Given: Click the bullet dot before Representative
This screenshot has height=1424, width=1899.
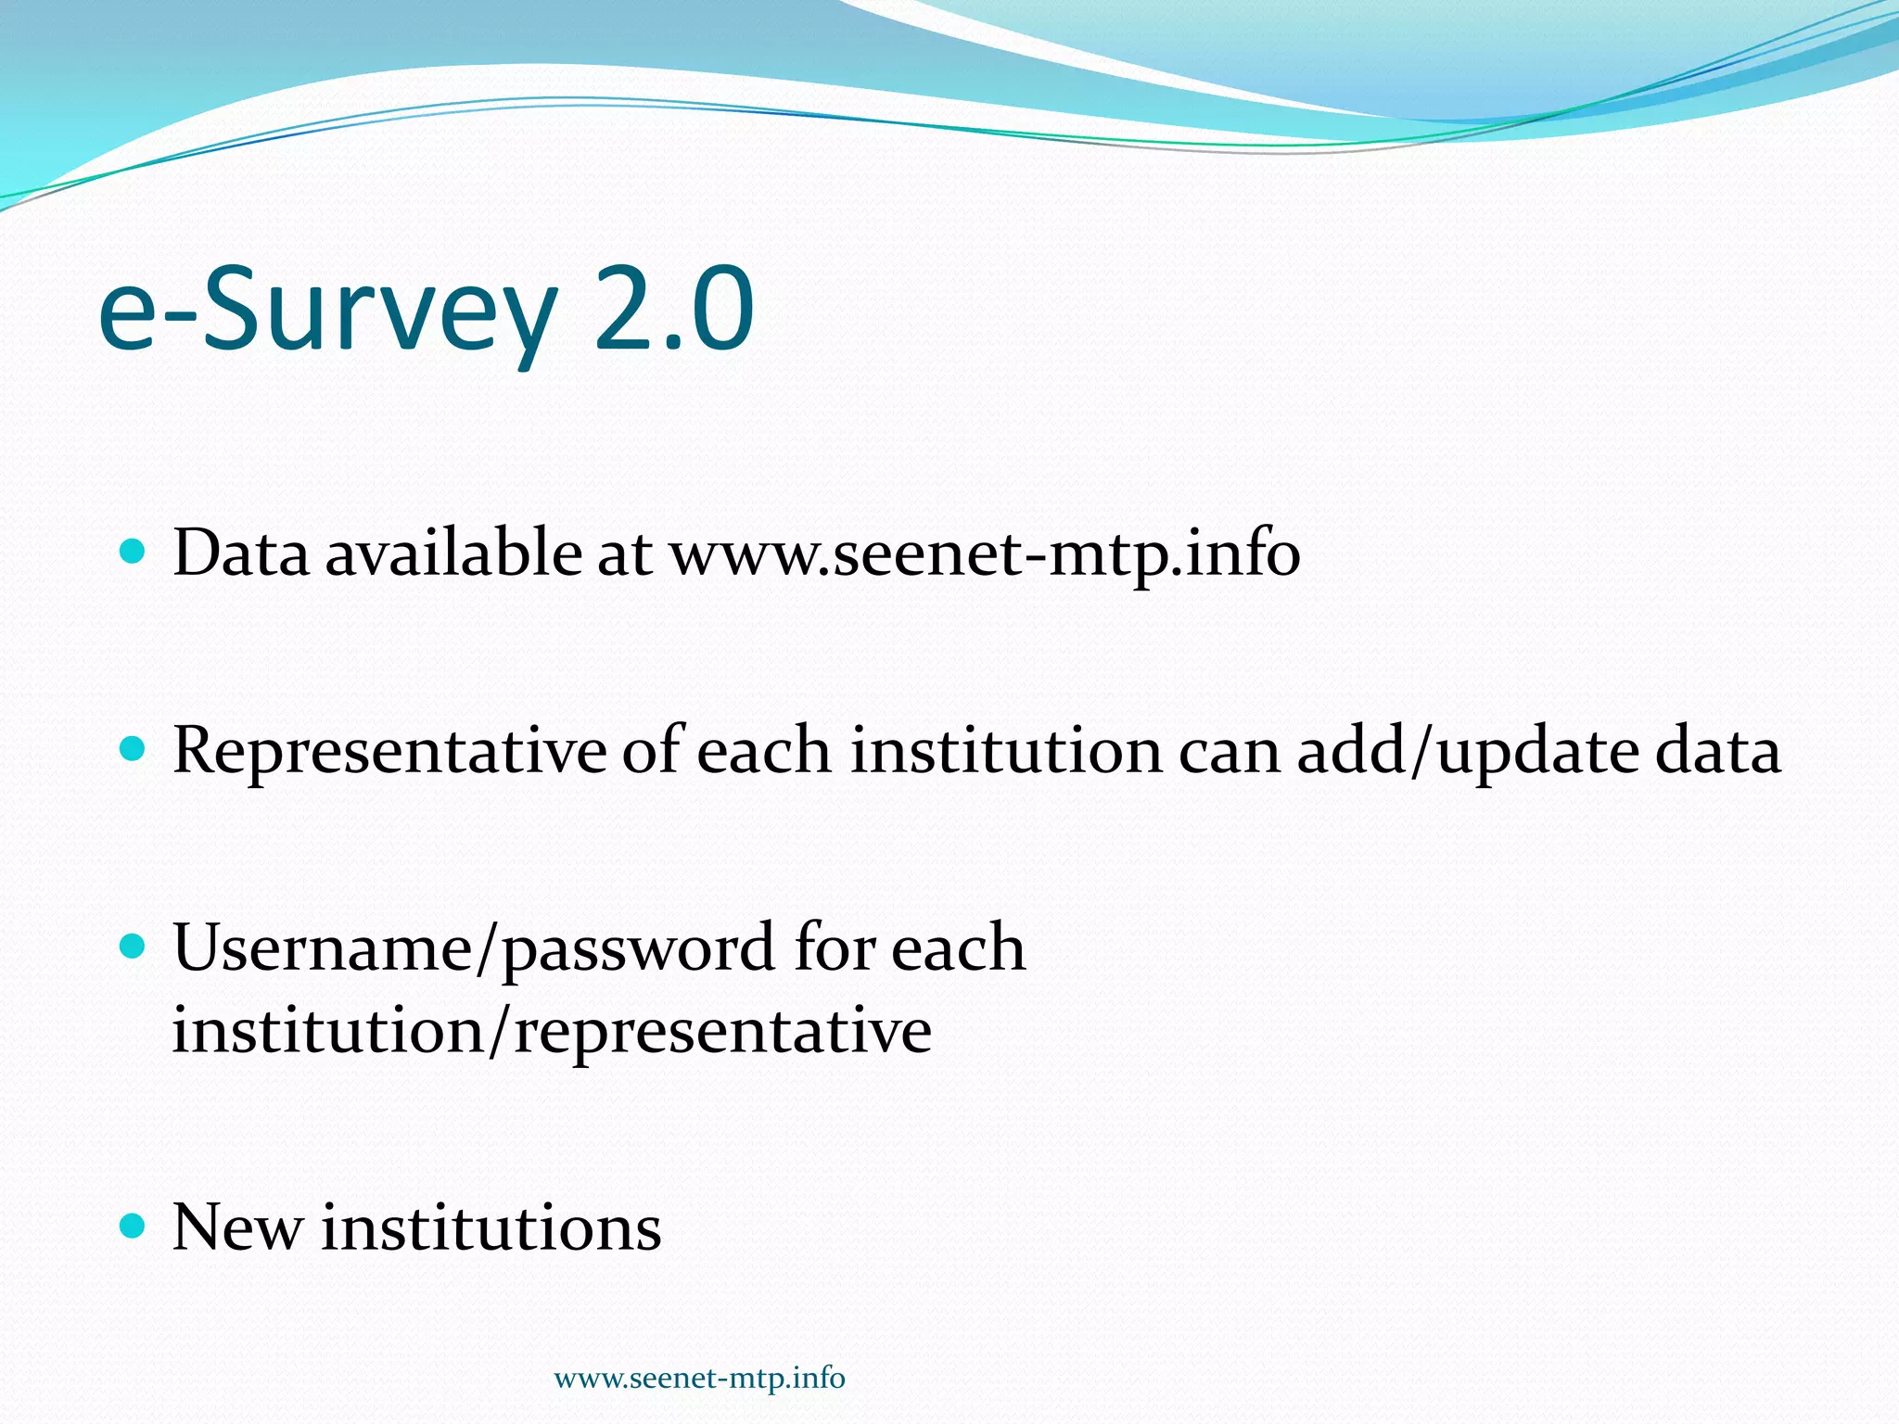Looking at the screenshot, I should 134,749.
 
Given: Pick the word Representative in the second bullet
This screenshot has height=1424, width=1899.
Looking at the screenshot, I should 389,752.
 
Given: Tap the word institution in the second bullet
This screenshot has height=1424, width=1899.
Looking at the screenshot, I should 1006,750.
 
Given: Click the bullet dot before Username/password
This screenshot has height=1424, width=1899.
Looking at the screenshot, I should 134,947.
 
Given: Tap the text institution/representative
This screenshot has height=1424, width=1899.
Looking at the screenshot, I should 552,1031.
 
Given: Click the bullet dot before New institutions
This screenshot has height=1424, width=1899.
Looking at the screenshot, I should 134,1227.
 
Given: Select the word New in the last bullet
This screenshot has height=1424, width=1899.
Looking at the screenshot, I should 237,1227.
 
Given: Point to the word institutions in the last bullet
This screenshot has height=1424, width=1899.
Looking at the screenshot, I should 491,1227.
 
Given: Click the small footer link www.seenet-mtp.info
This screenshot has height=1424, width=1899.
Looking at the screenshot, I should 699,1379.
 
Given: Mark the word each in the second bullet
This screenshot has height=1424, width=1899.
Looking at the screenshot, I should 763,750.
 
